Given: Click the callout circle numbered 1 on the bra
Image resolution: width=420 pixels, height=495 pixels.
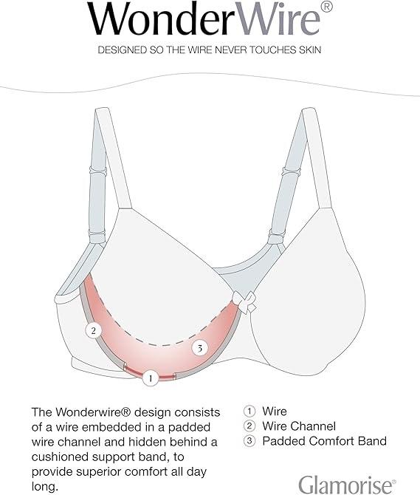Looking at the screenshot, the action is pyautogui.click(x=151, y=378).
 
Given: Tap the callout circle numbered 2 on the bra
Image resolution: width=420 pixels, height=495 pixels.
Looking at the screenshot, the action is pyautogui.click(x=93, y=330).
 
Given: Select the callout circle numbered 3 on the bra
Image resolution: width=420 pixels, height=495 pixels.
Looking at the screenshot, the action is pyautogui.click(x=200, y=348).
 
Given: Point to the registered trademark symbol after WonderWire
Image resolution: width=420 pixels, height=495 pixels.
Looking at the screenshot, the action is pyautogui.click(x=327, y=6).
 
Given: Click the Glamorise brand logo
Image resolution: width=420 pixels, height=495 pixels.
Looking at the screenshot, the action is pyautogui.click(x=347, y=485).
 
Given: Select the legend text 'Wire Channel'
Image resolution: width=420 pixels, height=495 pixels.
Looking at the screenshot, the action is pyautogui.click(x=299, y=426).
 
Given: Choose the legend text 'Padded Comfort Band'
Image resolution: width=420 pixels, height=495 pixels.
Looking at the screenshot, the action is pyautogui.click(x=325, y=441).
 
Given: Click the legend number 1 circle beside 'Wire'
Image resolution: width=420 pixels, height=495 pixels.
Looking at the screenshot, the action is pyautogui.click(x=249, y=412).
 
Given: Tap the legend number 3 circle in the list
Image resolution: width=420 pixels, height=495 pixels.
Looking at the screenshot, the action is pyautogui.click(x=249, y=441).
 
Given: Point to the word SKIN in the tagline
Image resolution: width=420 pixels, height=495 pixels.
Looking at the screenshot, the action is pyautogui.click(x=309, y=50).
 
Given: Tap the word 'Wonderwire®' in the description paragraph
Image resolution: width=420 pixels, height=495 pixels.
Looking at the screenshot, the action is pyautogui.click(x=93, y=412).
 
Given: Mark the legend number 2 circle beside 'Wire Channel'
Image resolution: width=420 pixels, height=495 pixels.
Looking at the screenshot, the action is pyautogui.click(x=249, y=426).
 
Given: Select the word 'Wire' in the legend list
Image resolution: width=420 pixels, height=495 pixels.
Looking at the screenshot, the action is pyautogui.click(x=275, y=412).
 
